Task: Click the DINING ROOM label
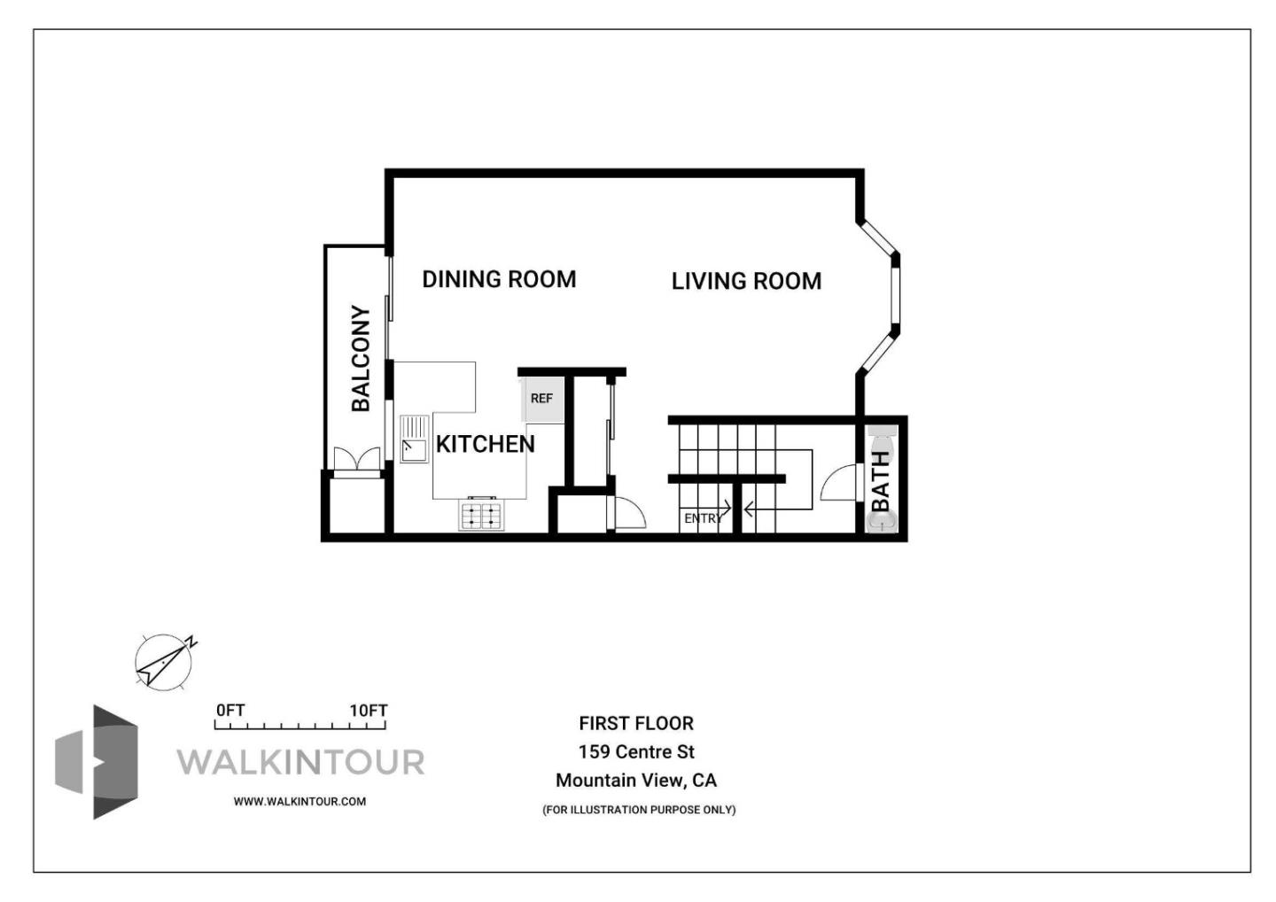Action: pyautogui.click(x=499, y=279)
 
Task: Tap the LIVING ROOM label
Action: pyautogui.click(x=746, y=281)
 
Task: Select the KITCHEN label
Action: pyautogui.click(x=485, y=444)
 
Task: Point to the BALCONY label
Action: pyautogui.click(x=361, y=358)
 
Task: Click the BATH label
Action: pyautogui.click(x=881, y=481)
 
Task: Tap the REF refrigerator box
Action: pyautogui.click(x=541, y=399)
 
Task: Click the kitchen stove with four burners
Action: pyautogui.click(x=481, y=515)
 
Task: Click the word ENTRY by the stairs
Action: pyautogui.click(x=703, y=518)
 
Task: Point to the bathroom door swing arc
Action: pyautogui.click(x=837, y=485)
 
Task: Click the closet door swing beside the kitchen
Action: pyautogui.click(x=628, y=514)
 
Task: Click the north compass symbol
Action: pyautogui.click(x=164, y=661)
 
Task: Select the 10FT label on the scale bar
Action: pyautogui.click(x=368, y=711)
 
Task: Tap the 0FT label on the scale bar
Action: pyautogui.click(x=230, y=711)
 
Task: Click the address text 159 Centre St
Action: pyautogui.click(x=636, y=751)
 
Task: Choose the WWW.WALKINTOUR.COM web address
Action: pyautogui.click(x=300, y=801)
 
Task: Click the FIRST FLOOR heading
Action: pyautogui.click(x=636, y=723)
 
